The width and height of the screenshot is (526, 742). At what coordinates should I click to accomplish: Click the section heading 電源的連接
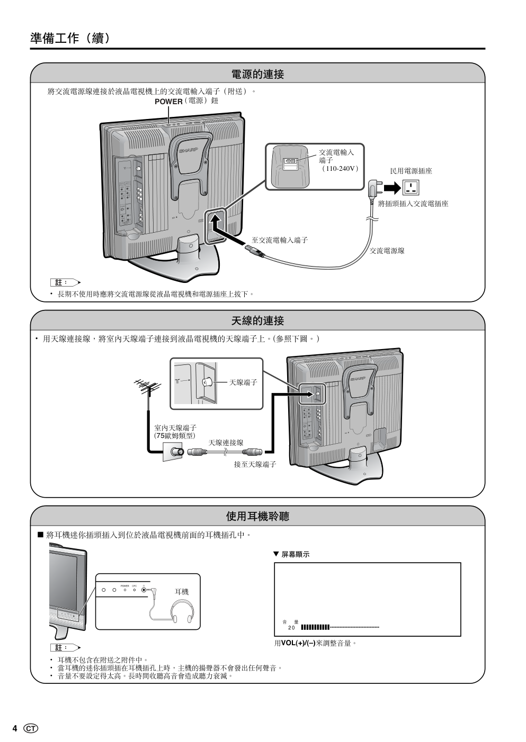(257, 75)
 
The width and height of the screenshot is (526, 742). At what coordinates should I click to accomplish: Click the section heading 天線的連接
(257, 321)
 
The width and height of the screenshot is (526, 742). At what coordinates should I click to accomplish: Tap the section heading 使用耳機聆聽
(257, 516)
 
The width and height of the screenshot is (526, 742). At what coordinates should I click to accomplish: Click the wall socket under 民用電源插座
(411, 188)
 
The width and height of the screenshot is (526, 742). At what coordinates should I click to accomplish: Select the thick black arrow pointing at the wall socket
(393, 188)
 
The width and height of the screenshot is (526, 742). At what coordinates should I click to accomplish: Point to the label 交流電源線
(387, 251)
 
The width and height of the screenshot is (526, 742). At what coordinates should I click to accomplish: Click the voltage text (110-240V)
(340, 169)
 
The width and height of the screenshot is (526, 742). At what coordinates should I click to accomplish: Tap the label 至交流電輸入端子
(280, 240)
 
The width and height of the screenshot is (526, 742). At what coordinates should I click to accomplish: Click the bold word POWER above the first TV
(168, 102)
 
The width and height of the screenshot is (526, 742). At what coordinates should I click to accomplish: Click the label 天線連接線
(226, 443)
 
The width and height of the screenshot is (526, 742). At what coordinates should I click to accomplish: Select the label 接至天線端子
(255, 464)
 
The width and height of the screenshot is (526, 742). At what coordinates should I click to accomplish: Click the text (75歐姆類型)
(175, 436)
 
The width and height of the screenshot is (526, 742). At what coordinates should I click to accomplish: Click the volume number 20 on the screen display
(291, 628)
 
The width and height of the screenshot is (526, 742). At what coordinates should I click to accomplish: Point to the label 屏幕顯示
(295, 554)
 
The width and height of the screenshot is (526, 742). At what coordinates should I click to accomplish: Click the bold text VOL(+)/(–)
(298, 643)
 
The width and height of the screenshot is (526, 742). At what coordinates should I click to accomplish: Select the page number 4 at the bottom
(15, 729)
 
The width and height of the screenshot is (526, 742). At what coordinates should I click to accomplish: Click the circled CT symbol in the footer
(31, 729)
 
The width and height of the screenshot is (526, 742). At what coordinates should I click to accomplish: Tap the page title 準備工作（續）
(70, 38)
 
